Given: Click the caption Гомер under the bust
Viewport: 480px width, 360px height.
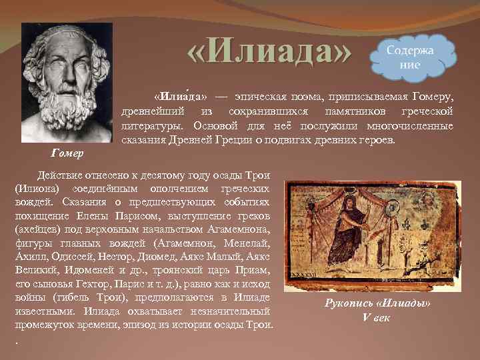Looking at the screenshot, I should pyautogui.click(x=67, y=154).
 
